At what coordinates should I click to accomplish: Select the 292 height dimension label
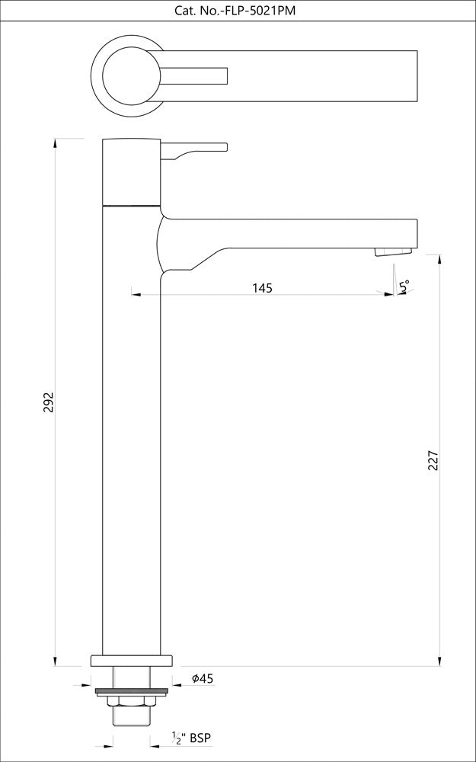click(48, 402)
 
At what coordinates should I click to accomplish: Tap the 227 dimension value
click(433, 460)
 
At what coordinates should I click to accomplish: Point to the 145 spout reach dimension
click(262, 287)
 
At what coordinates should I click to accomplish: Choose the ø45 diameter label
click(202, 678)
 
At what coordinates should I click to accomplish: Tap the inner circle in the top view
click(131, 74)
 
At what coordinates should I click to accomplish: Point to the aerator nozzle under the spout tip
click(393, 251)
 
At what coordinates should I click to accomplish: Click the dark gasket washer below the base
click(131, 692)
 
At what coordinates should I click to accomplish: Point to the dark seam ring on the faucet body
click(131, 205)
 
